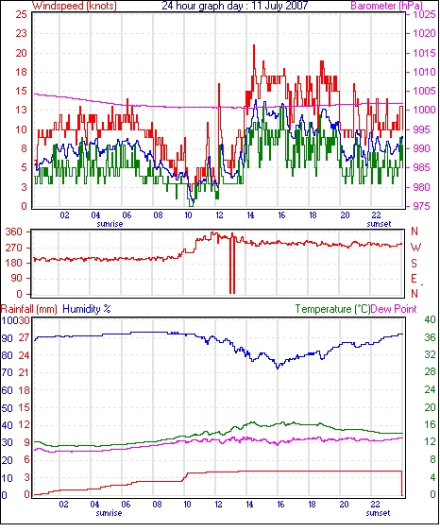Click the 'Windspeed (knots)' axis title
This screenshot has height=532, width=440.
click(x=75, y=6)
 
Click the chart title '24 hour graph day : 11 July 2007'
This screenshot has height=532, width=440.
click(x=235, y=6)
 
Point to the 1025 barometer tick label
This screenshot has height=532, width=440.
click(x=424, y=14)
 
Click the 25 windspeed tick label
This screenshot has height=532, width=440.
click(x=21, y=14)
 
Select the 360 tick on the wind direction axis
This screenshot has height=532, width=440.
click(x=14, y=232)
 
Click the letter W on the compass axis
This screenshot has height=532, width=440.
click(x=415, y=248)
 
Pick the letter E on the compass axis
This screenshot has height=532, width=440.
click(x=414, y=279)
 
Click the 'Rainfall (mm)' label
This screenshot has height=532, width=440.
click(x=29, y=309)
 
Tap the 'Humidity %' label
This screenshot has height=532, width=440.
click(x=87, y=309)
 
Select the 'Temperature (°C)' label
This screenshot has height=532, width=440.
click(x=332, y=309)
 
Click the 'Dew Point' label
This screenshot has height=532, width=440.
click(x=393, y=309)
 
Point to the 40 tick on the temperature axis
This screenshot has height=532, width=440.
click(x=431, y=319)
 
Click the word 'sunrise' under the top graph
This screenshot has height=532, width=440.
click(x=110, y=224)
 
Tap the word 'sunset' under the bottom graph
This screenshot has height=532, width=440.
click(x=378, y=513)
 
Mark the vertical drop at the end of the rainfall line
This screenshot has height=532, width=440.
click(x=402, y=483)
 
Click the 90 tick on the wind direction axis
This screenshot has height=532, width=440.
click(x=17, y=279)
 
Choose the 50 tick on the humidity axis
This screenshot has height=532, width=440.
click(x=8, y=408)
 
